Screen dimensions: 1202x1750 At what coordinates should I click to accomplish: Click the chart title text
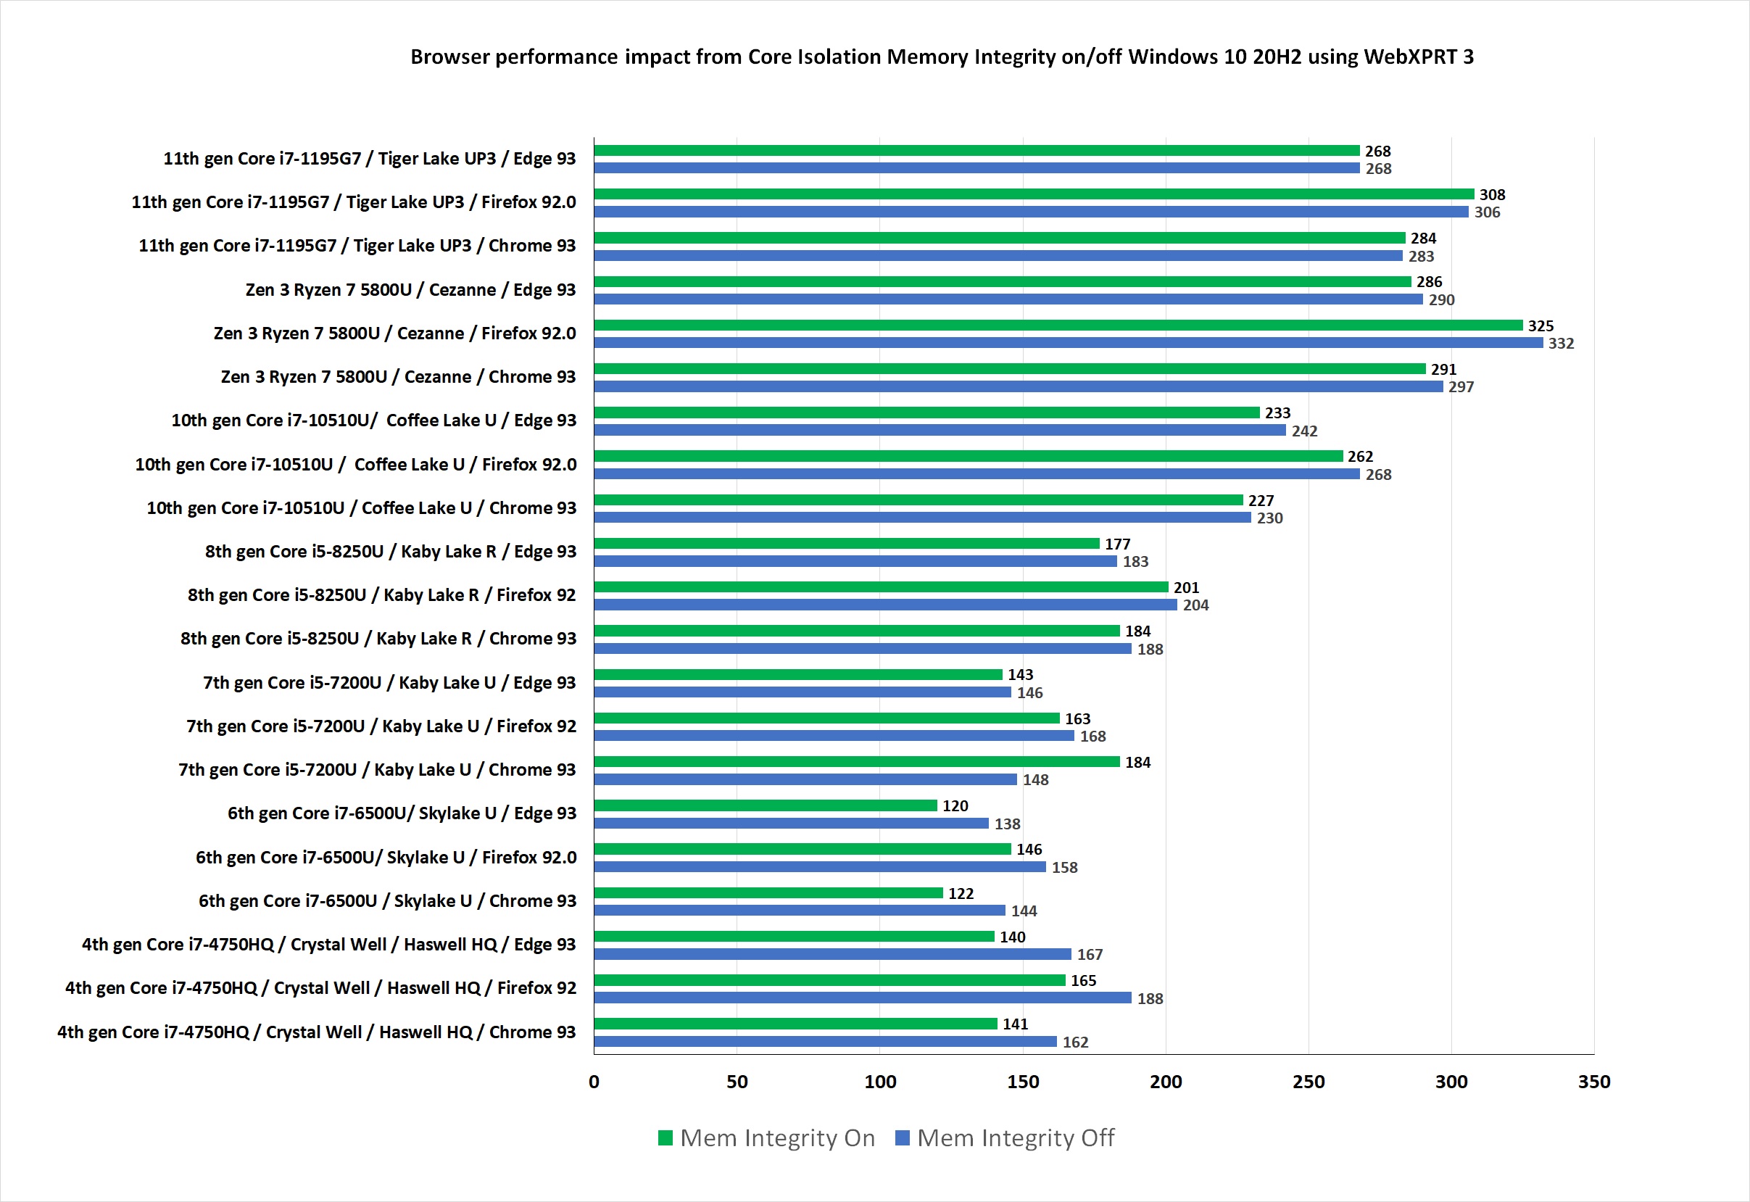pos(941,57)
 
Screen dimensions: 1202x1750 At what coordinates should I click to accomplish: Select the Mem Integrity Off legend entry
pos(1005,1138)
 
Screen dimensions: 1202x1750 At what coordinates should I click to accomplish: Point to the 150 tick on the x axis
pos(1023,1082)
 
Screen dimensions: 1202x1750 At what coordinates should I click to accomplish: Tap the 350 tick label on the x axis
pos(1593,1082)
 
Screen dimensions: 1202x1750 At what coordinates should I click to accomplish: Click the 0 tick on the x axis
pos(594,1082)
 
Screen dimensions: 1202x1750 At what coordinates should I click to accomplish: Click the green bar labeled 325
pos(1058,326)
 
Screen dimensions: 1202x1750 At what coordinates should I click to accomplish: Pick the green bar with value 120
pos(765,806)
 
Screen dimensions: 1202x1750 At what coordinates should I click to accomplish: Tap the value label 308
pos(1492,195)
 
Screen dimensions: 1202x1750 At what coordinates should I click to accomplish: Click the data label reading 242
pos(1304,431)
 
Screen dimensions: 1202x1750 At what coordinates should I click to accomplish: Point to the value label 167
pos(1090,955)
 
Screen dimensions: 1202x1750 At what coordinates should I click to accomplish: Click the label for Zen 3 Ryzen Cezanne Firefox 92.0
pos(394,333)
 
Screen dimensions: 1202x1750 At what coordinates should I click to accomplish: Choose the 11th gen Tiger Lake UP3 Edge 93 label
pos(369,159)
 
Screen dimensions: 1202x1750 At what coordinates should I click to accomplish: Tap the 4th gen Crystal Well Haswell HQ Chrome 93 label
pos(316,1032)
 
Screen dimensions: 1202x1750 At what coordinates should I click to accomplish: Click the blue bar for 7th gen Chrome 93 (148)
pos(805,779)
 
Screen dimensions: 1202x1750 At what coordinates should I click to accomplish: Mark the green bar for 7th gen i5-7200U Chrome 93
pos(856,762)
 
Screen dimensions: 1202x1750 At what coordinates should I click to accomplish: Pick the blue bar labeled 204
pos(885,605)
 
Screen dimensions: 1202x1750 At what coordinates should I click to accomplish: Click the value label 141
pos(1015,1024)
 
